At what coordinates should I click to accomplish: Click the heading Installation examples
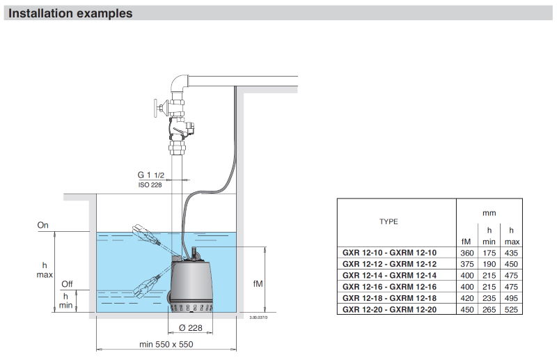70,13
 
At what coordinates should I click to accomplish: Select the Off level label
67,284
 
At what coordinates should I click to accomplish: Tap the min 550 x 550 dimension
165,344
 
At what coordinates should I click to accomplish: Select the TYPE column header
389,221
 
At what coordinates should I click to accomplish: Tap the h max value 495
512,298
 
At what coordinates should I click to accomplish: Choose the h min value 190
489,264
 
